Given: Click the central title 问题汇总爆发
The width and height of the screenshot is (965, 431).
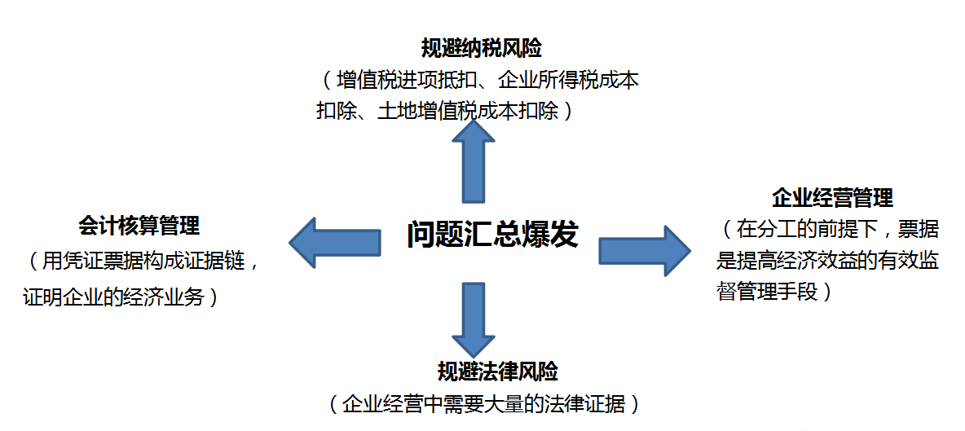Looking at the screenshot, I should point(492,235).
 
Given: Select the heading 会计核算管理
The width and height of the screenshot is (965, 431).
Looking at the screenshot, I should point(139,226).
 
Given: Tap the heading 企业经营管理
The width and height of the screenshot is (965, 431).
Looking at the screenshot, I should point(832,197).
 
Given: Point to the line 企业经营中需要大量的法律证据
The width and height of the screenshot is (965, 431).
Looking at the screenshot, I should point(484,403).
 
